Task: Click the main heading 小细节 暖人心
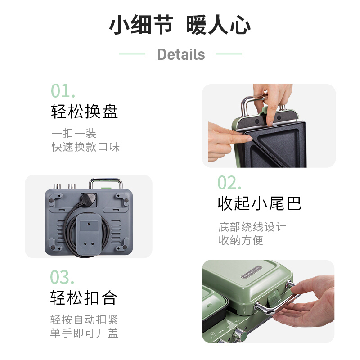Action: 180,25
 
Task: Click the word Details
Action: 181,54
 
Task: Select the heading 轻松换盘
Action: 85,112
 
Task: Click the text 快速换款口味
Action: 85,147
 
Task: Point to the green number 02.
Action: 229,183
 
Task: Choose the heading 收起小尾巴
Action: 260,203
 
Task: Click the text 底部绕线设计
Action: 252,227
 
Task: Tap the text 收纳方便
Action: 241,240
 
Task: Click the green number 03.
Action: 62,277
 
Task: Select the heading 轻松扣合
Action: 84,298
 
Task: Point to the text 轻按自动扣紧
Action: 84,319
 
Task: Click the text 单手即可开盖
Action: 84,333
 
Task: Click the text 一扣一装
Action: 74,134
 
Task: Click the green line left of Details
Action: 132,54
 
